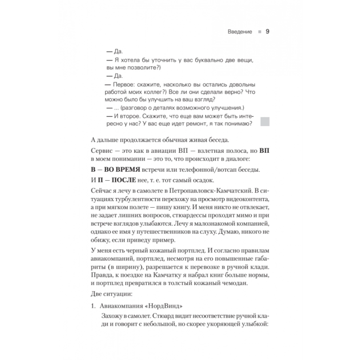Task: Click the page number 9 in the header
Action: [x=267, y=32]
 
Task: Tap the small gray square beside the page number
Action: [x=259, y=32]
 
